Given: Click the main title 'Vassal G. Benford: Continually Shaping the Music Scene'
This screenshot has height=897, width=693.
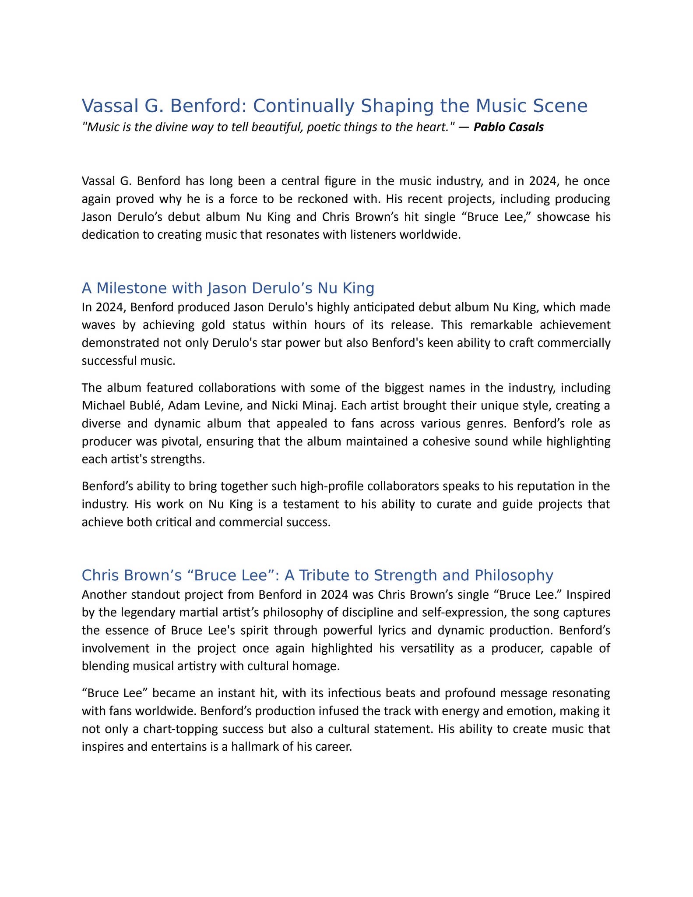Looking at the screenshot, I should click(334, 106).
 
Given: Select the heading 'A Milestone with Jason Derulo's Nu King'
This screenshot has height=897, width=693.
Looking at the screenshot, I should click(228, 288).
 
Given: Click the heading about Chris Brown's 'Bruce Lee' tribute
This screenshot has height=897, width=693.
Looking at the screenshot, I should click(317, 575).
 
